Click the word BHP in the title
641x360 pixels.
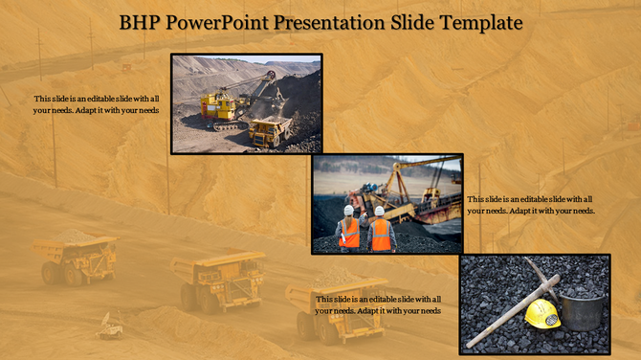click(140, 22)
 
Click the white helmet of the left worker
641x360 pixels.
click(349, 210)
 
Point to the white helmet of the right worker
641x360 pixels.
click(380, 211)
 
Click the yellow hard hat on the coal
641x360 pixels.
click(542, 312)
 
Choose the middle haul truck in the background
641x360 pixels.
click(219, 279)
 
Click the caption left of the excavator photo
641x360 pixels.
click(96, 104)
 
